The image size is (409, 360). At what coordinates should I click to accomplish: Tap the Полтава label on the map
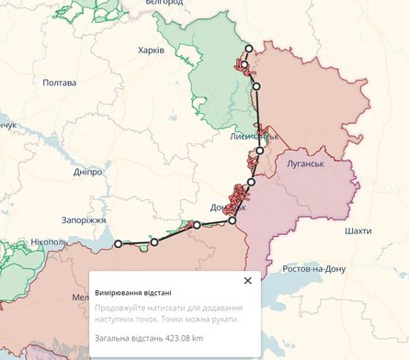tap(59, 83)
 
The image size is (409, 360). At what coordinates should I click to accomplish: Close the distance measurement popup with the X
tap(247, 281)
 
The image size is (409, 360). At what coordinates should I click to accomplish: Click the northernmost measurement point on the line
tap(248, 49)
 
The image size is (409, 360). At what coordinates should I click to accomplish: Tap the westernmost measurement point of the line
tap(118, 243)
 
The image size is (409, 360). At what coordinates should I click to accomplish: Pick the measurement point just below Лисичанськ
tap(260, 151)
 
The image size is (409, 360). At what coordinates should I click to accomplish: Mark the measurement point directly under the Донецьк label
tap(232, 220)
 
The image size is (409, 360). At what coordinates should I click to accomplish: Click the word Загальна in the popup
tap(113, 339)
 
